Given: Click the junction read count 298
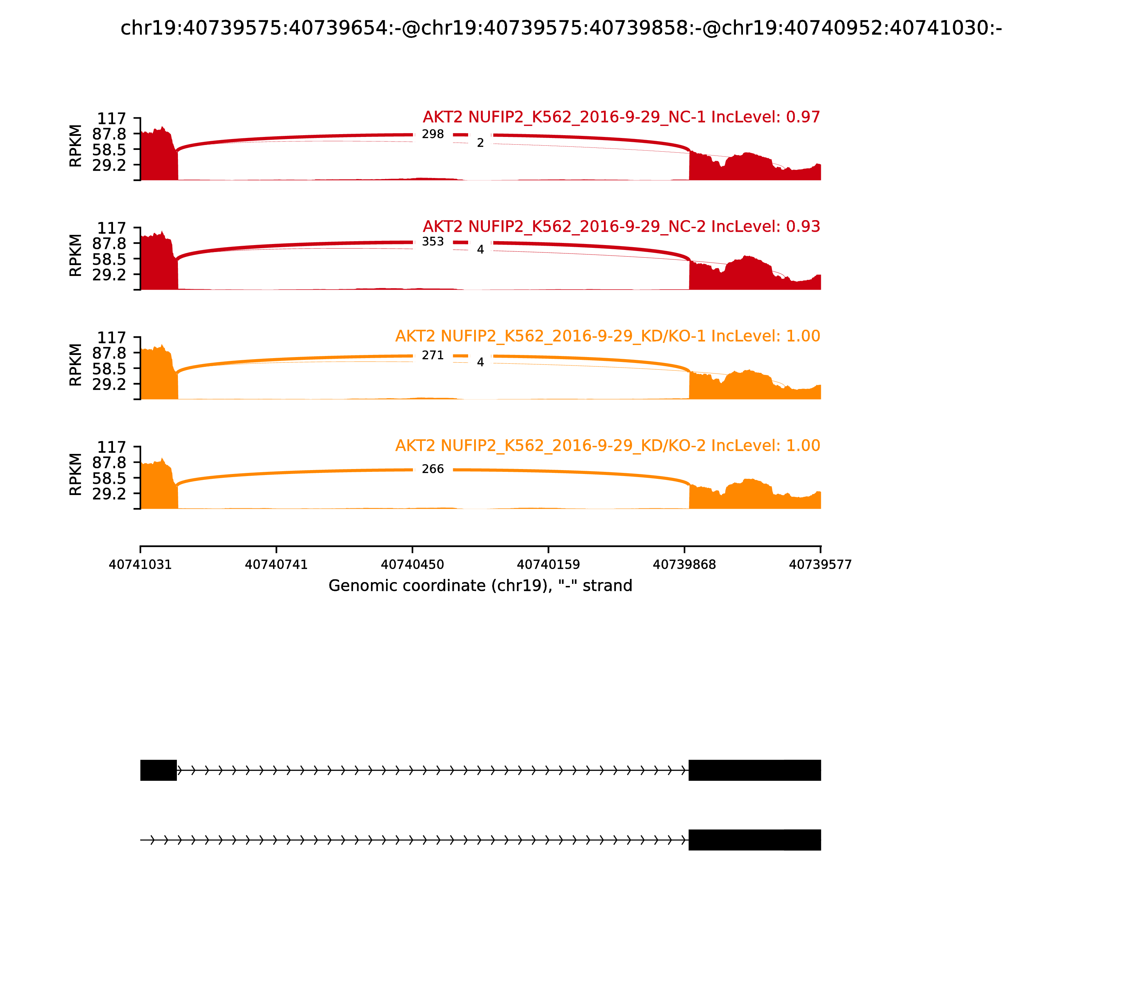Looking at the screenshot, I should [433, 134].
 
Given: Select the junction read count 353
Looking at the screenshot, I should [433, 242].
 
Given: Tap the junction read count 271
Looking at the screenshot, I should [433, 355].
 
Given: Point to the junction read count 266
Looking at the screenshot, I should [433, 469].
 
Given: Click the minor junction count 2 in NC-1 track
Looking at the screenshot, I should [480, 143].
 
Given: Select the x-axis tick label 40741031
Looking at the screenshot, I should [140, 565].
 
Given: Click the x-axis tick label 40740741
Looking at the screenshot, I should [277, 565].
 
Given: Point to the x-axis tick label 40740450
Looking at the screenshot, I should [412, 565].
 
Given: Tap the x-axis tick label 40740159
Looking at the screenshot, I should [548, 565].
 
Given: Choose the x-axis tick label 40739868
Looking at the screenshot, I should [684, 565].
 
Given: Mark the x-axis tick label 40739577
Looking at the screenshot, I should [820, 565].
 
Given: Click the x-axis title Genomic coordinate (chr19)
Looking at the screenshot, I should [480, 586].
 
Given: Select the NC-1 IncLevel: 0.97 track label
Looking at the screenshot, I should [621, 117].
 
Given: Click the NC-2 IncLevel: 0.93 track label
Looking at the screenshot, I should [621, 226].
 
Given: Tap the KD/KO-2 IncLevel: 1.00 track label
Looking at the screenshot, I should [607, 446].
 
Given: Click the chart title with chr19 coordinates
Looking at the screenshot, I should [561, 28].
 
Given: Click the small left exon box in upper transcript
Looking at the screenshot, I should [159, 770].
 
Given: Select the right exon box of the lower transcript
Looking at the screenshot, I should [755, 840].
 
